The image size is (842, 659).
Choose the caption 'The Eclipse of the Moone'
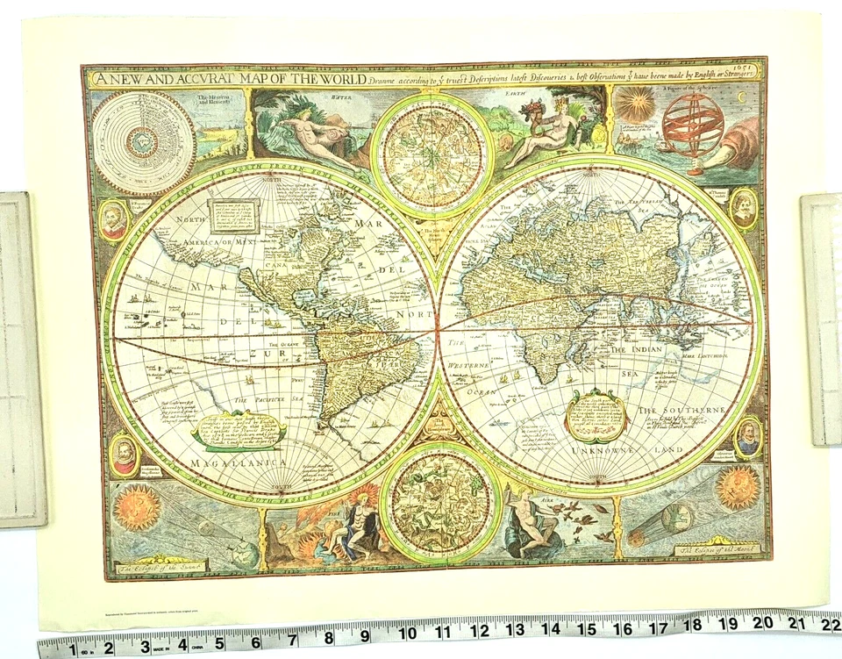click(710, 551)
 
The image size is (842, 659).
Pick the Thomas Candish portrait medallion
click(743, 208)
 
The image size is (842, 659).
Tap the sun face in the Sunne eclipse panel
click(138, 507)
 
